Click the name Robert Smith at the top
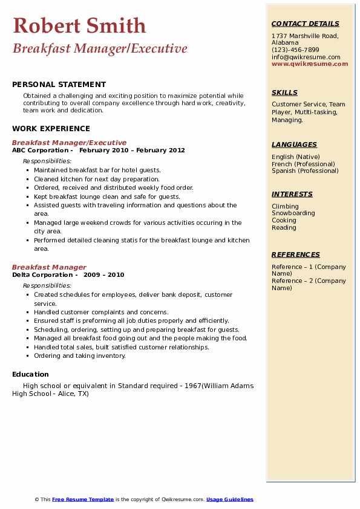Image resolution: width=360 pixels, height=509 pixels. pyautogui.click(x=79, y=25)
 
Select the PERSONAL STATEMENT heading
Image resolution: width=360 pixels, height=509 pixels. pyautogui.click(x=59, y=85)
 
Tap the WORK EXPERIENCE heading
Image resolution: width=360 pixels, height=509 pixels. pyautogui.click(x=51, y=128)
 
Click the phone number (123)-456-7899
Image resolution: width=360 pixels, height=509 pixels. pyautogui.click(x=295, y=50)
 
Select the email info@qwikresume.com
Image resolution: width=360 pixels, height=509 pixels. pyautogui.click(x=306, y=57)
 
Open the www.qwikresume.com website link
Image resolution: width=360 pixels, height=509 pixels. pyautogui.click(x=310, y=63)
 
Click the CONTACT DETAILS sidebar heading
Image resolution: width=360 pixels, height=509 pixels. pyautogui.click(x=306, y=24)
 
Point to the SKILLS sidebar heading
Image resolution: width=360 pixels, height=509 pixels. pyautogui.click(x=284, y=92)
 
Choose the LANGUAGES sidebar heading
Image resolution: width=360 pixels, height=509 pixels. pyautogui.click(x=294, y=144)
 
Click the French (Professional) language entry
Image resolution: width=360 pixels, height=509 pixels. pyautogui.click(x=303, y=164)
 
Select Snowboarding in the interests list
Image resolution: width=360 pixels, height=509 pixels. pyautogui.click(x=293, y=213)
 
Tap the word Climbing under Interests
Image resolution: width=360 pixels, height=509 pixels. pyautogui.click(x=285, y=206)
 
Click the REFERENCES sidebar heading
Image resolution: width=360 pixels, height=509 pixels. pyautogui.click(x=295, y=254)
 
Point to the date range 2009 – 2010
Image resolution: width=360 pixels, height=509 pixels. pyautogui.click(x=104, y=274)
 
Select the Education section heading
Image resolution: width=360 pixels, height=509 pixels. pyautogui.click(x=31, y=374)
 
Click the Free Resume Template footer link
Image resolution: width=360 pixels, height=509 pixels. pyautogui.click(x=83, y=499)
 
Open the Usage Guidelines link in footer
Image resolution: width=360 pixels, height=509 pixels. pyautogui.click(x=230, y=499)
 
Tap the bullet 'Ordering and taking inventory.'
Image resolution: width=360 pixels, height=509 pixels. pyautogui.click(x=80, y=356)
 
